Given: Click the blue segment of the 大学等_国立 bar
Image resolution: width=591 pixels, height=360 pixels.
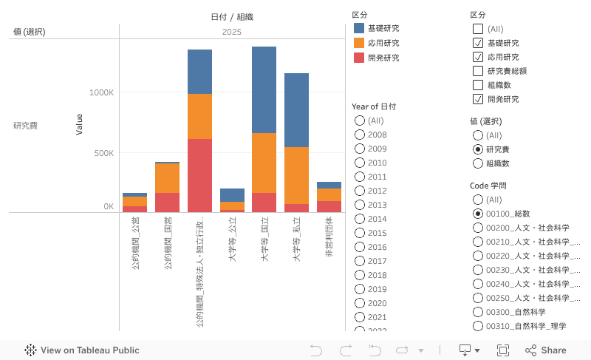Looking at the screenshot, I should (264, 89).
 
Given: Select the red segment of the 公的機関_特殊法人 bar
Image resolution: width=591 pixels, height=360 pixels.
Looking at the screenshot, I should (199, 175).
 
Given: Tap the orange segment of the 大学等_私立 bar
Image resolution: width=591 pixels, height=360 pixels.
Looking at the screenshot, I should (296, 175).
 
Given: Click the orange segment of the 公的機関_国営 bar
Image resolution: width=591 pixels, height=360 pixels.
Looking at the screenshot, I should (167, 177).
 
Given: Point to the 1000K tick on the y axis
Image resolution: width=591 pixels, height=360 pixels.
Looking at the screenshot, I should (101, 92).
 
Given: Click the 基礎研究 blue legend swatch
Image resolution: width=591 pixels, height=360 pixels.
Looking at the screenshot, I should (359, 28).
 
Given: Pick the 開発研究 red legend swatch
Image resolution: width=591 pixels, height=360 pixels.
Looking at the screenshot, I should (359, 58).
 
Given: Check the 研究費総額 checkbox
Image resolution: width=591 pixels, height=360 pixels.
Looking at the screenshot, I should (478, 71).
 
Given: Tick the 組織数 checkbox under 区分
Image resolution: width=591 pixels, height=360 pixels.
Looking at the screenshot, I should (478, 85).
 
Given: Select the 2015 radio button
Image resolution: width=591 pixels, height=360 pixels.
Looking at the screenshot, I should (360, 233).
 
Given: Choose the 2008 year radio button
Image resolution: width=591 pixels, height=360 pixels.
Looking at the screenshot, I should (360, 135).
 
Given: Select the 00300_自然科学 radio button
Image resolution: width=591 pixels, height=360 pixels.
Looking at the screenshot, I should (478, 312).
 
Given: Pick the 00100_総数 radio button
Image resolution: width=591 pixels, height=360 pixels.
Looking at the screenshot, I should (478, 214).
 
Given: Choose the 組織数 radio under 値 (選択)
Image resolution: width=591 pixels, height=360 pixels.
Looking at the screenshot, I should (478, 163).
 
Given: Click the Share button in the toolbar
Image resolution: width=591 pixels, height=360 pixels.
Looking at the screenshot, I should (546, 350).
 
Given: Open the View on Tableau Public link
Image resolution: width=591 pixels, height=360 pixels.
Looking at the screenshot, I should (82, 350).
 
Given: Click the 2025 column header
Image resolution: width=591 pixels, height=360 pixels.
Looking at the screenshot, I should (232, 32).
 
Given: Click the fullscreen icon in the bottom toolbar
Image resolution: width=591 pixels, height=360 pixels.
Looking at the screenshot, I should (503, 350).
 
